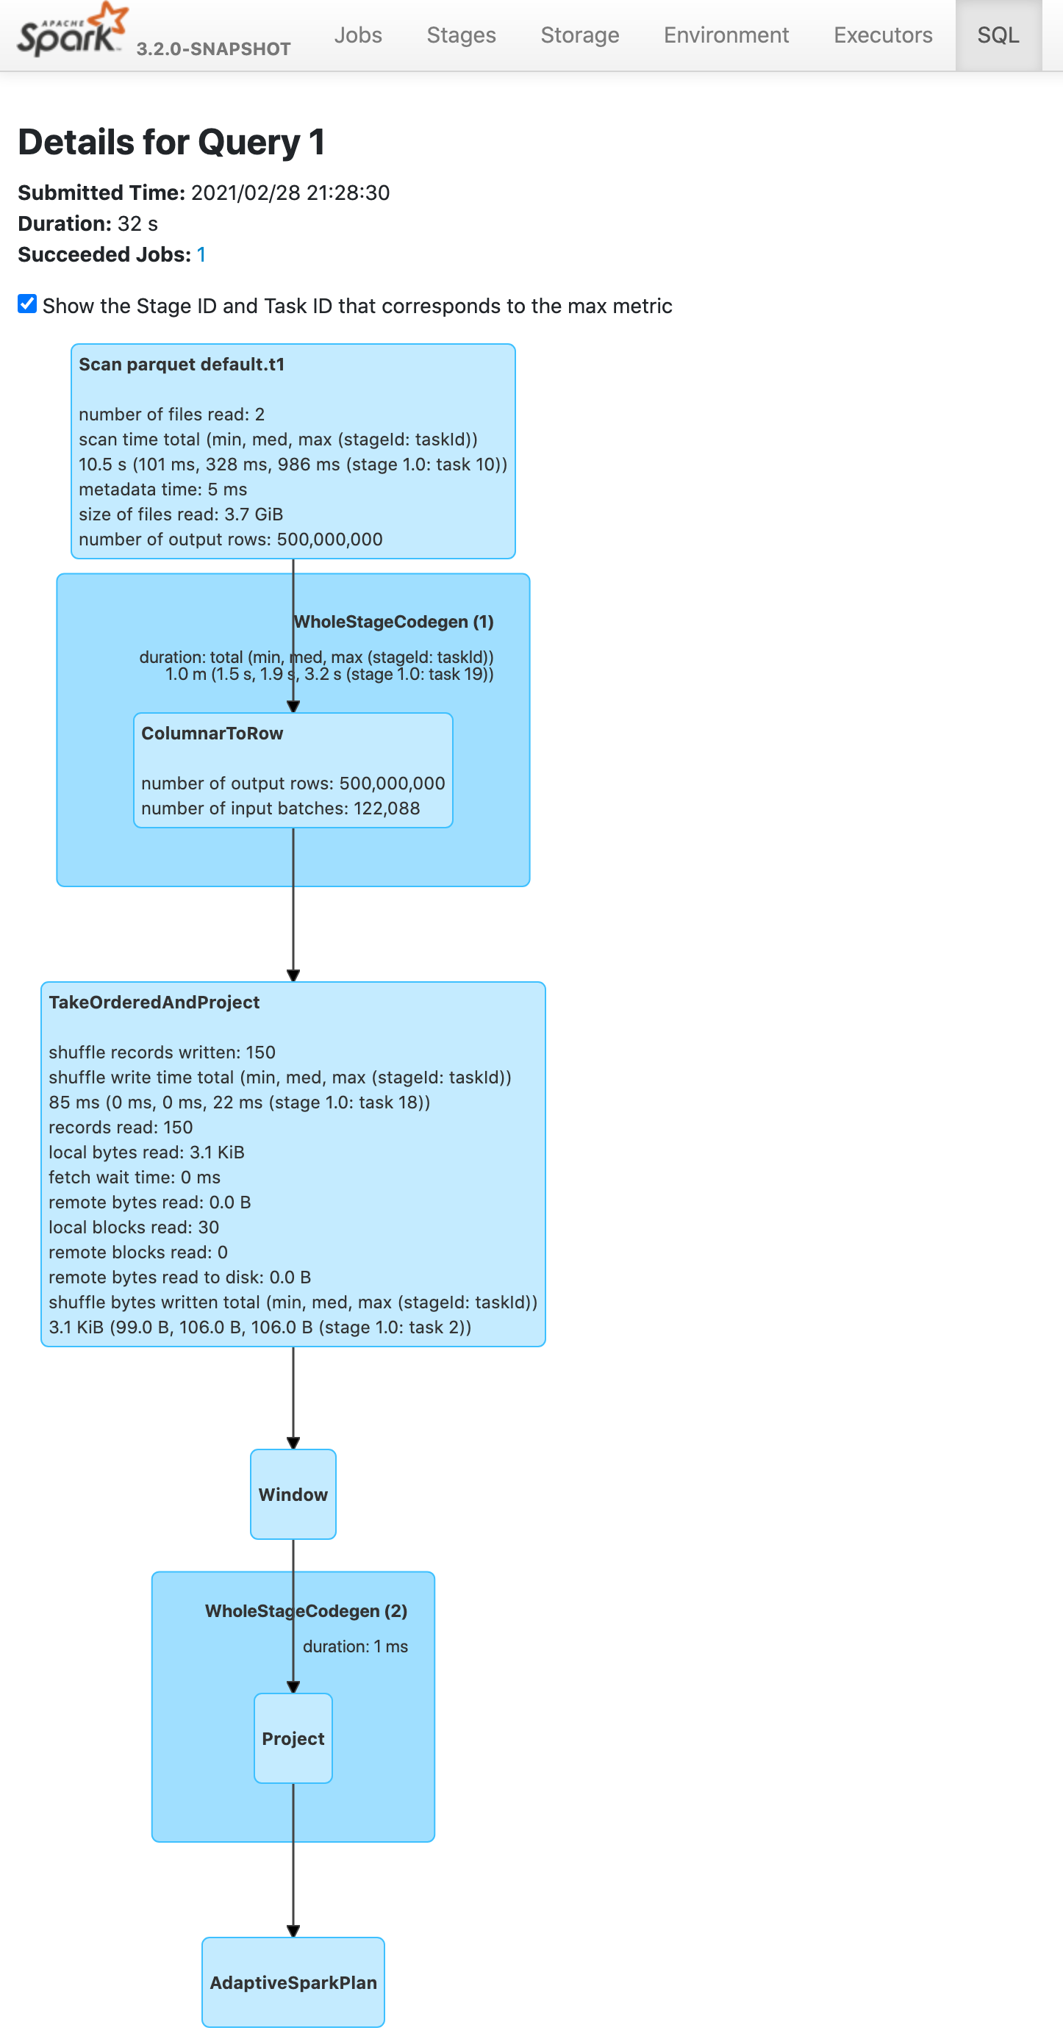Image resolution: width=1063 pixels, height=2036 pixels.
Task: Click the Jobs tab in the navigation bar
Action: (358, 35)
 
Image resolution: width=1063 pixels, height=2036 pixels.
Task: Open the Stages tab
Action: (462, 35)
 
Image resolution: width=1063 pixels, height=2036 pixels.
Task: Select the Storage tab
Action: (580, 35)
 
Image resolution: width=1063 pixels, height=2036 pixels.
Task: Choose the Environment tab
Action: (726, 35)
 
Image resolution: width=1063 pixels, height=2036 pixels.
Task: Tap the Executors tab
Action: (883, 35)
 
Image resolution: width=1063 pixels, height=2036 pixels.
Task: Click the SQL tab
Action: (998, 35)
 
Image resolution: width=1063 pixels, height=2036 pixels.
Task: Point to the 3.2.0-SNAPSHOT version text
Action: (213, 49)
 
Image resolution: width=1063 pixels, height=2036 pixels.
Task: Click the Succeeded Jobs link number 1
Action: (201, 254)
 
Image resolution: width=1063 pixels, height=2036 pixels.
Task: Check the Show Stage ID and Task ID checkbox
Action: (28, 304)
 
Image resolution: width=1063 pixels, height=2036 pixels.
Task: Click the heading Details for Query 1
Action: (171, 143)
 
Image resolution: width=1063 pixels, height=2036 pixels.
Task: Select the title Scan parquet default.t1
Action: (182, 365)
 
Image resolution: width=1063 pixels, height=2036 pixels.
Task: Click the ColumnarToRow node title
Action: (212, 734)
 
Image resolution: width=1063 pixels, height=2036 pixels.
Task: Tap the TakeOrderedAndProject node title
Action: (154, 1002)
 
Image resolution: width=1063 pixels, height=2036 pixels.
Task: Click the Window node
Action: (293, 1494)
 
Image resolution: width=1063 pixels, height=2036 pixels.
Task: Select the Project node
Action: (293, 1738)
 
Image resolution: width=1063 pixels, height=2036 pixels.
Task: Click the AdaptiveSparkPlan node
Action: (293, 1982)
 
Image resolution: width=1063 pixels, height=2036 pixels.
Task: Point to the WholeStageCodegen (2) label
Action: (307, 1610)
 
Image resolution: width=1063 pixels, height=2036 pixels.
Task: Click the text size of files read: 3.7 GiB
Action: (181, 515)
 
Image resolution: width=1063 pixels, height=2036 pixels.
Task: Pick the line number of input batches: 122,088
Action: (281, 809)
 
